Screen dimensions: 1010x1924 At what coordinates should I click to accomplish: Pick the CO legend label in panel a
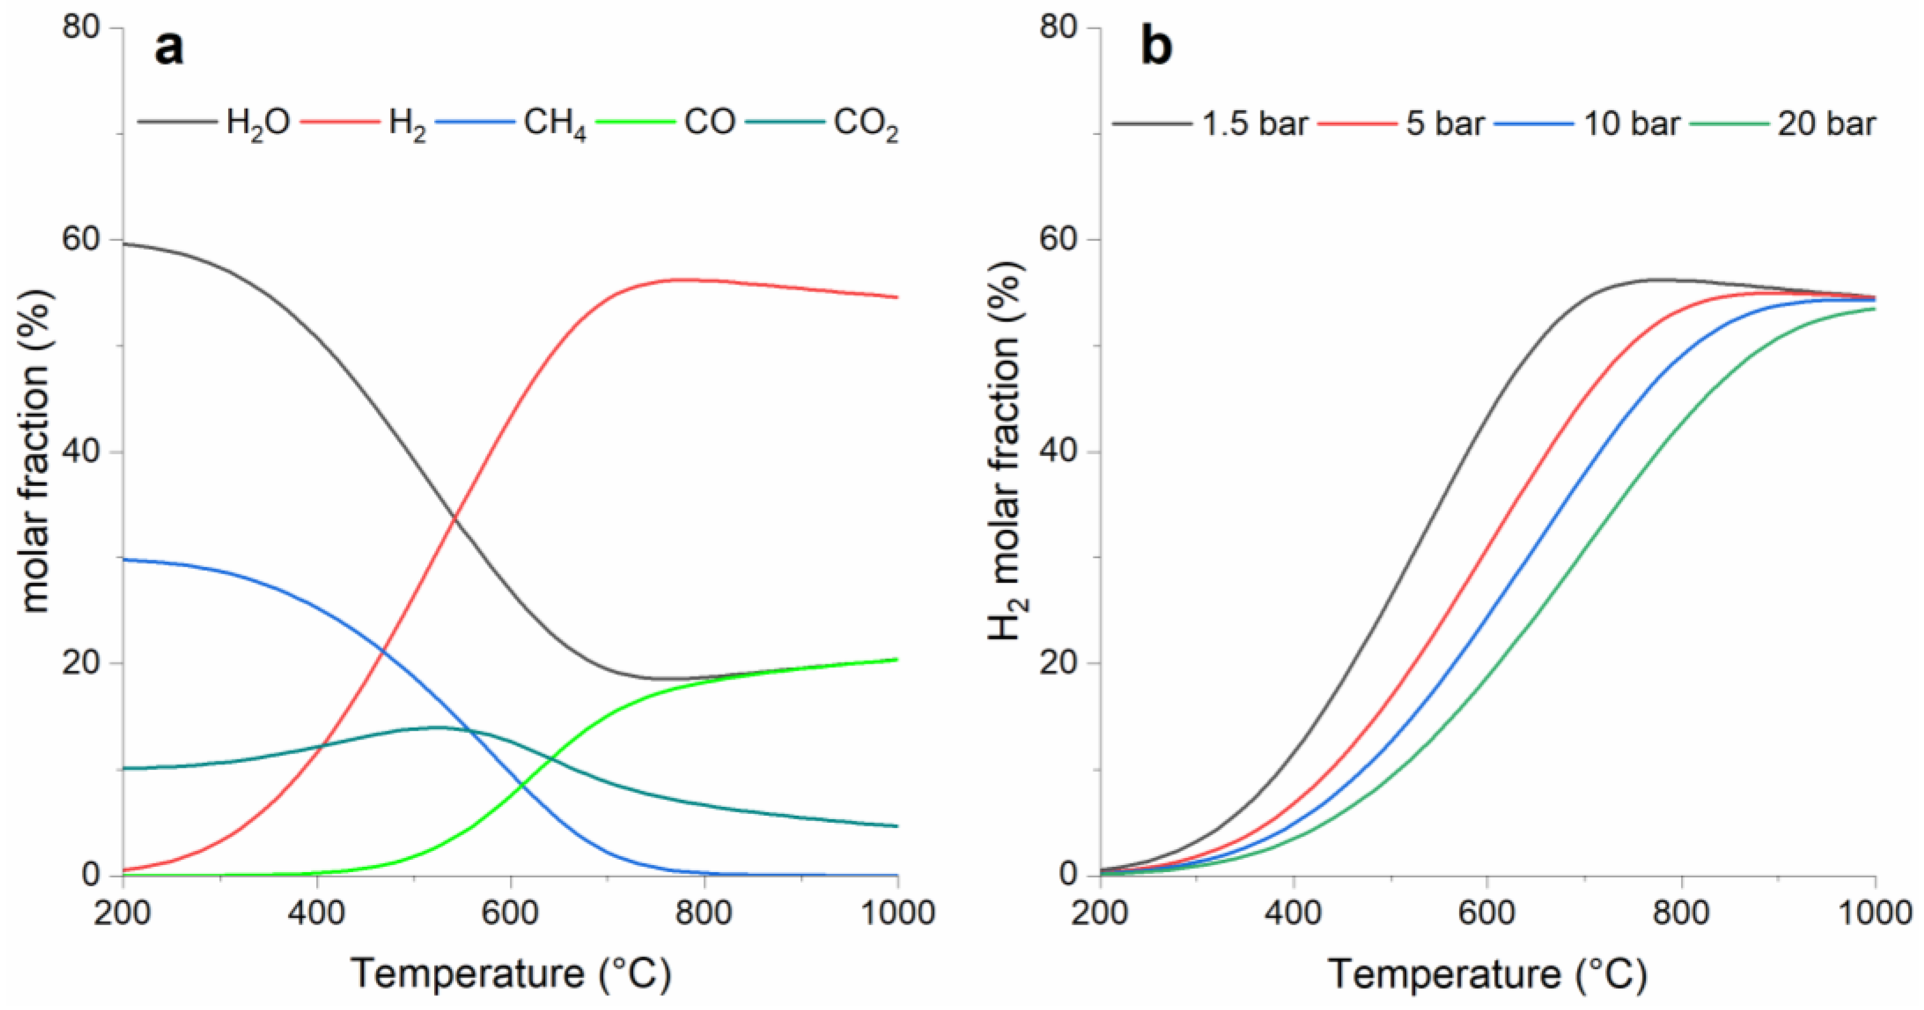[x=709, y=121]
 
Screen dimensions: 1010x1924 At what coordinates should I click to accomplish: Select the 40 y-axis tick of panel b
[x=1059, y=452]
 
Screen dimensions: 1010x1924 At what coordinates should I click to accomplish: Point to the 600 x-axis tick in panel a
[x=510, y=913]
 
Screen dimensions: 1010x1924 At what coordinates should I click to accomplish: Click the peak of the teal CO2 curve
[x=437, y=727]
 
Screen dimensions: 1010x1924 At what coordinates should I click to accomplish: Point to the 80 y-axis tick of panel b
[x=1059, y=28]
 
